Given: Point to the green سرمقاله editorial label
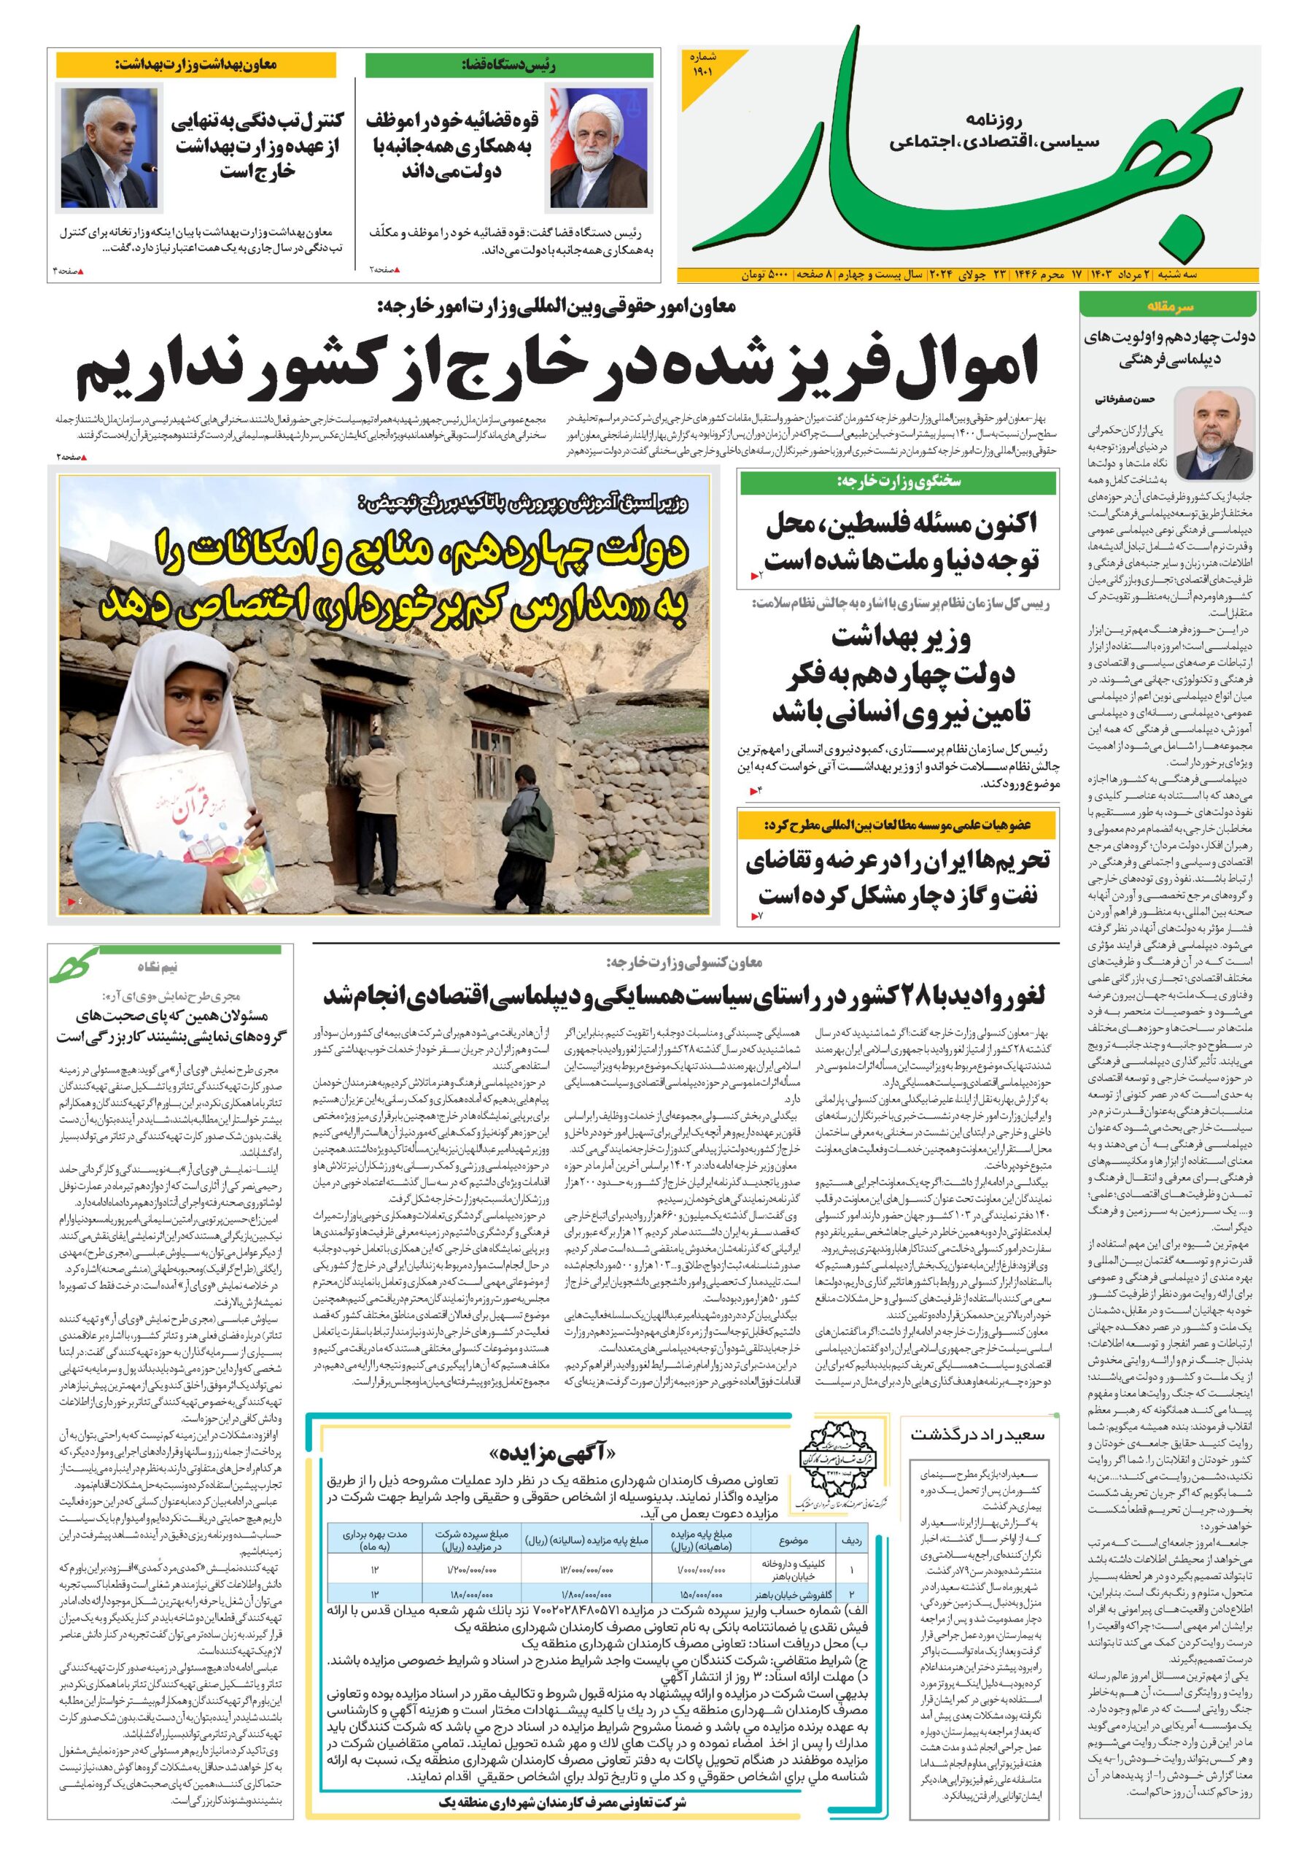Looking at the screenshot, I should [x=1168, y=306].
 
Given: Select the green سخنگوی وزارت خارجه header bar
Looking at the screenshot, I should [x=898, y=482].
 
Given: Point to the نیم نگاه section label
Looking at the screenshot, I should [x=158, y=968].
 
